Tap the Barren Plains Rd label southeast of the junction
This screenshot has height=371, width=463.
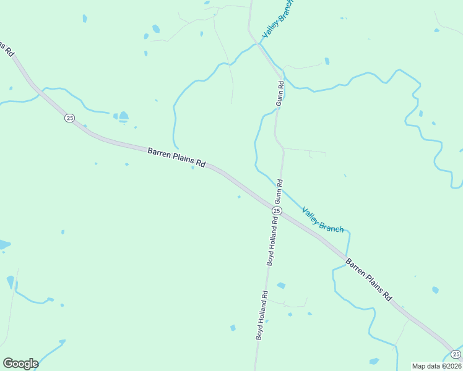pyautogui.click(x=369, y=279)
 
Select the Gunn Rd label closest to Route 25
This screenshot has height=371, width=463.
pyautogui.click(x=279, y=192)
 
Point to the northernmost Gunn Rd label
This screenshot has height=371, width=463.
pyautogui.click(x=280, y=93)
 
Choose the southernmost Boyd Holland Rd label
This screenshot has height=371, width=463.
pyautogui.click(x=261, y=315)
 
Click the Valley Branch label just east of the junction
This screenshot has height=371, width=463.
pyautogui.click(x=322, y=220)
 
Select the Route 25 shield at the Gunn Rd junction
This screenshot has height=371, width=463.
pyautogui.click(x=276, y=211)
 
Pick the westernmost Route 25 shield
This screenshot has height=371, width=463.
pyautogui.click(x=69, y=117)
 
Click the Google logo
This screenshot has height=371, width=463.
pyautogui.click(x=20, y=364)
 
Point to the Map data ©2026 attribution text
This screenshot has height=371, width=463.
pyautogui.click(x=436, y=365)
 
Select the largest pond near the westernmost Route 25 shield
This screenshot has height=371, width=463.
pyautogui.click(x=124, y=116)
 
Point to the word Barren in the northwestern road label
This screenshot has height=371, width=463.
pyautogui.click(x=158, y=153)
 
